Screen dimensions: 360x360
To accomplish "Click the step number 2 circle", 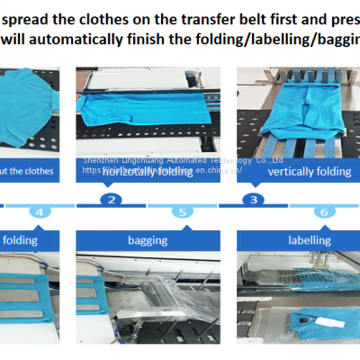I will click(x=111, y=200).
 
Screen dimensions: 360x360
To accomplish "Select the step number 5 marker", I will click(x=182, y=212).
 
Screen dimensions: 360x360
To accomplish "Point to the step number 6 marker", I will click(x=321, y=212).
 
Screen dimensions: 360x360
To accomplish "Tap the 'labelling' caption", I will click(x=309, y=240).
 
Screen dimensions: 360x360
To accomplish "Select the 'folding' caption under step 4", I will click(x=19, y=240).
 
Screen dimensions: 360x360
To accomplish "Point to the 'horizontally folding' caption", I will click(x=148, y=170).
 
